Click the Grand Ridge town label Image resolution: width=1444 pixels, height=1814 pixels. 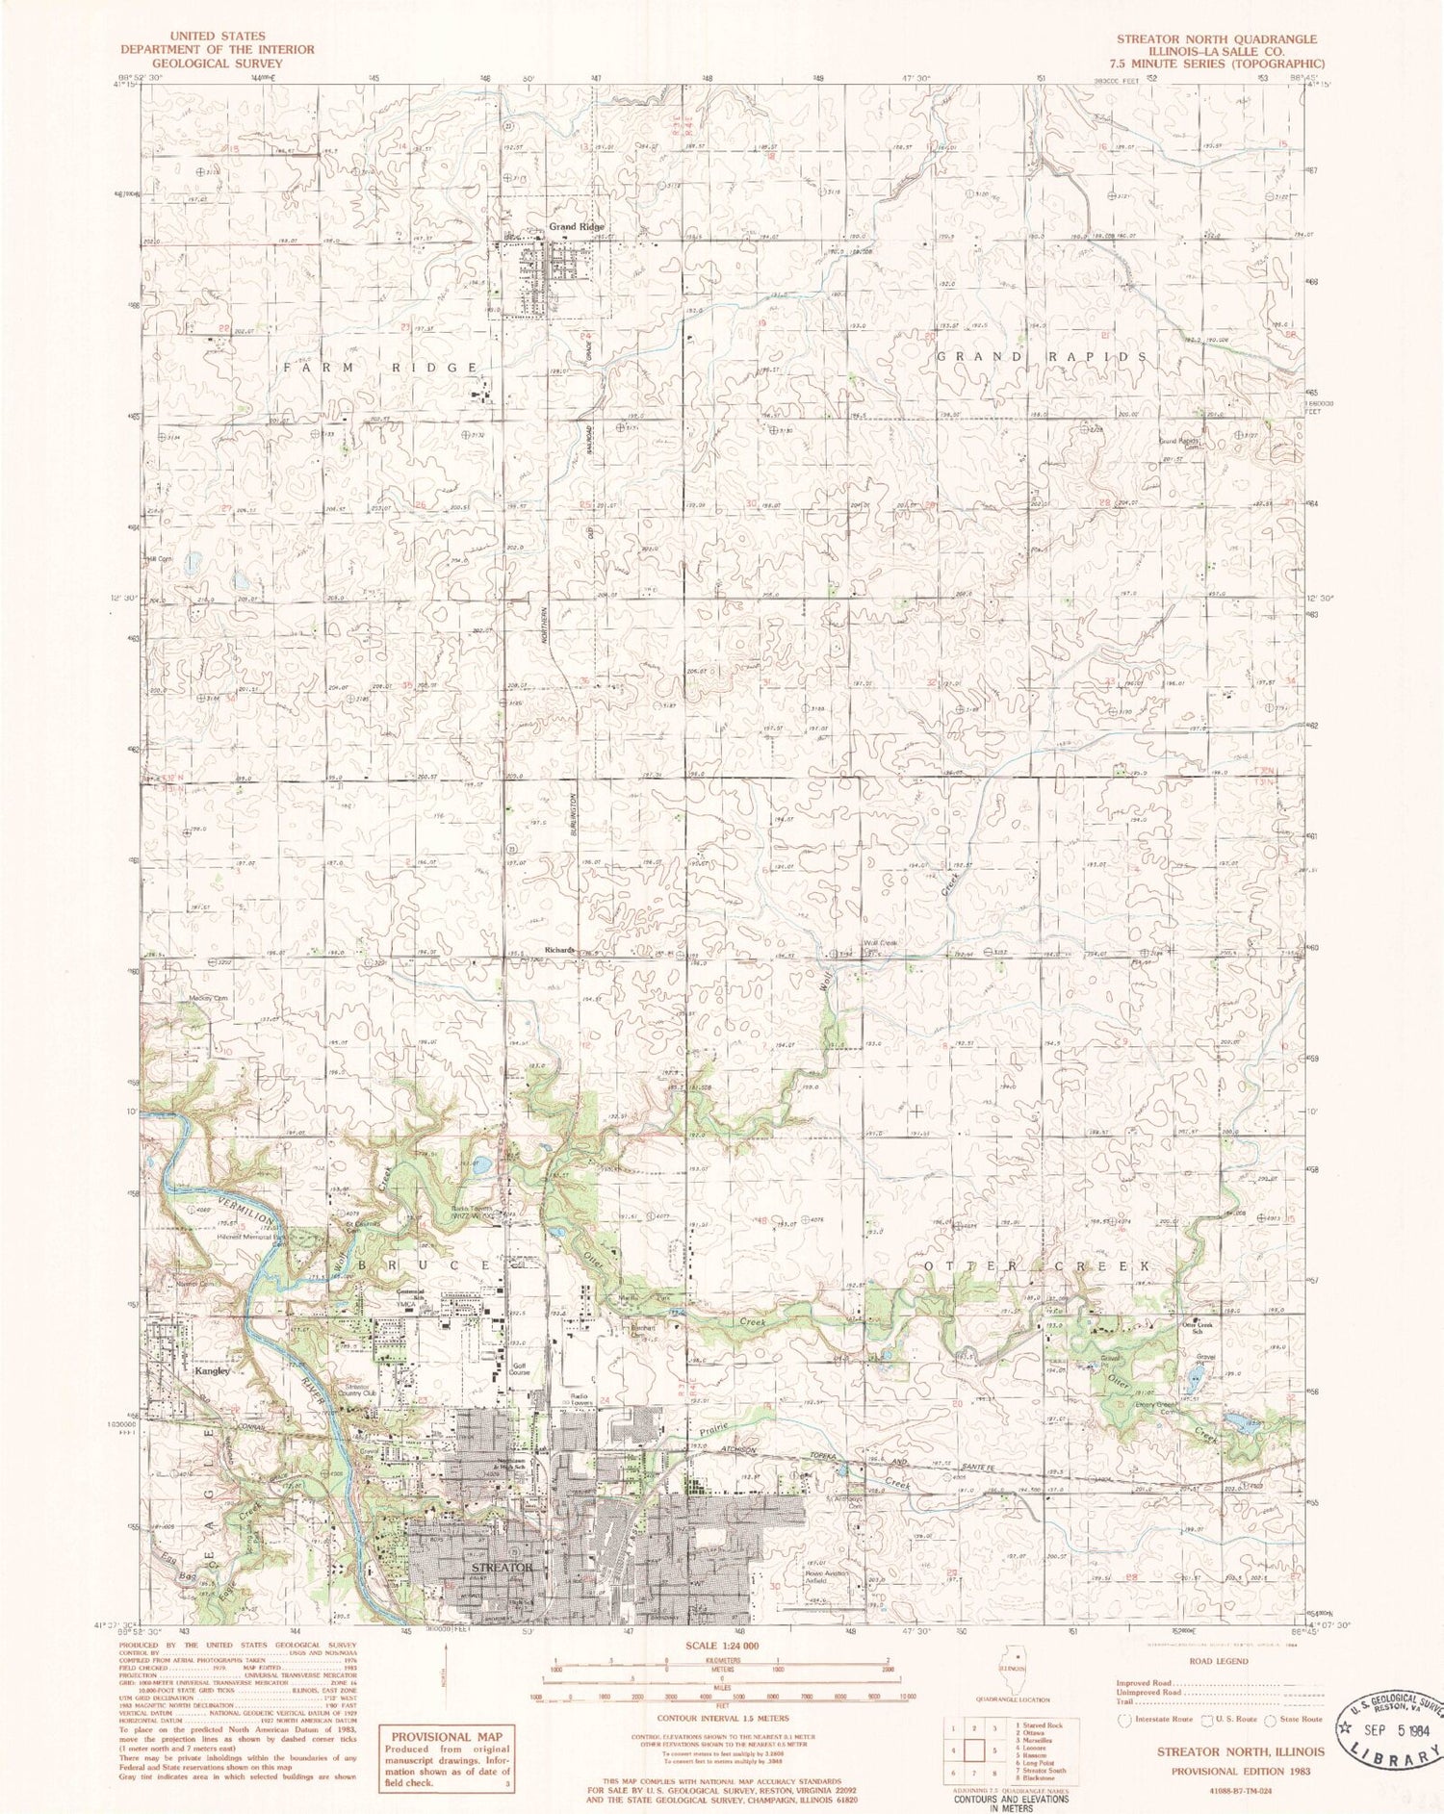577,226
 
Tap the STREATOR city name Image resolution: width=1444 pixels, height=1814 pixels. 502,1568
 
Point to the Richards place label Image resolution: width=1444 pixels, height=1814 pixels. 559,950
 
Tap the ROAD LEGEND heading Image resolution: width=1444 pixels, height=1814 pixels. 1219,1661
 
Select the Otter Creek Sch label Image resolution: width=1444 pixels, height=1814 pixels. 1207,1328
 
